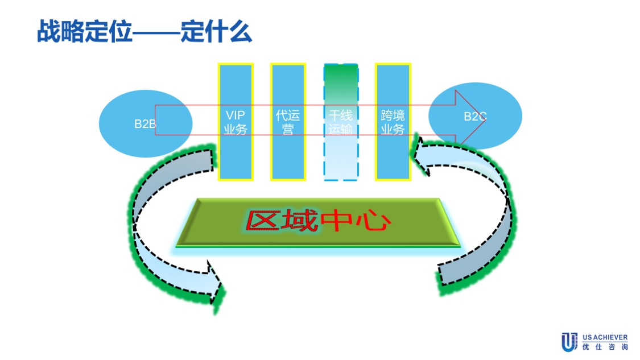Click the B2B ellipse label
[144, 124]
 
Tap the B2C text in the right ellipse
[475, 117]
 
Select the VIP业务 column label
[236, 122]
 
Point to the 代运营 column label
[288, 122]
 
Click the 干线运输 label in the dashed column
[341, 122]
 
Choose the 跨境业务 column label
[393, 122]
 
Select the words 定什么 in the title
[216, 32]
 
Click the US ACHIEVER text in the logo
[605, 337]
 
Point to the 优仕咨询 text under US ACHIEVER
[605, 346]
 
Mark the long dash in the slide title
[156, 33]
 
